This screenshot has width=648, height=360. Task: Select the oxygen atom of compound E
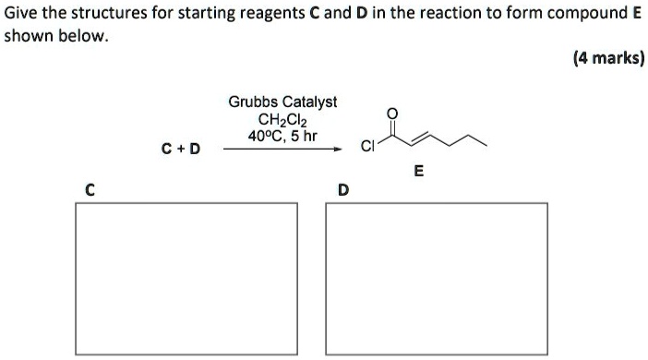[392, 113]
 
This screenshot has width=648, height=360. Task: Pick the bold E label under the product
[419, 171]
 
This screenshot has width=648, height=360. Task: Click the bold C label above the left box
[89, 191]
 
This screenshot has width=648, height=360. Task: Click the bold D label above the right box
[343, 191]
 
